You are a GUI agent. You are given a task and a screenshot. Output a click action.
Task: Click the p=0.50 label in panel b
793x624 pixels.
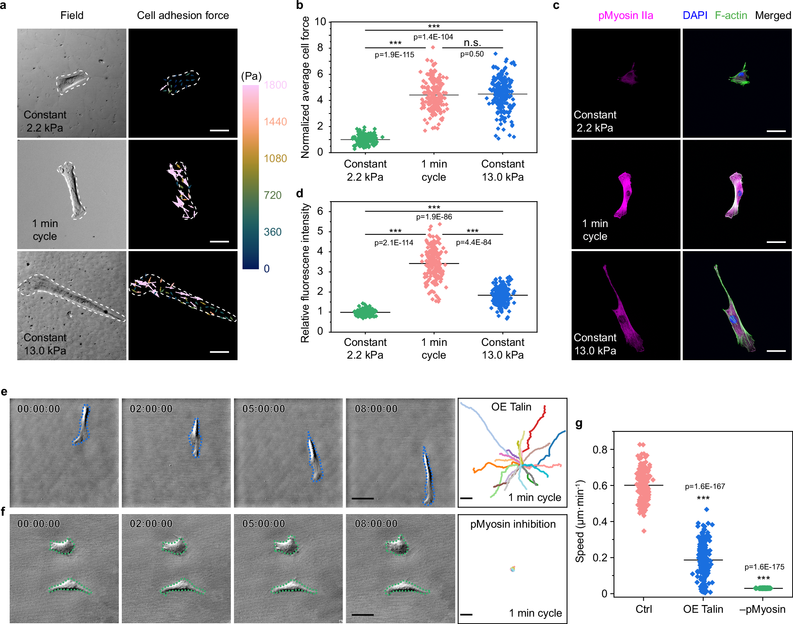(x=472, y=54)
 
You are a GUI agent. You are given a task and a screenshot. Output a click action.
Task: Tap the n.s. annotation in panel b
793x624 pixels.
(x=472, y=43)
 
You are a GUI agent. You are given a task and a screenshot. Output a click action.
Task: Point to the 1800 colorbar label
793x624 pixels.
(x=275, y=85)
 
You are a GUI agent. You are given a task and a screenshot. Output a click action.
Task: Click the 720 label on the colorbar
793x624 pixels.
(x=272, y=195)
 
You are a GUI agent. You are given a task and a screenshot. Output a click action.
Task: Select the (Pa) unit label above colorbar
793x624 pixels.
(x=251, y=76)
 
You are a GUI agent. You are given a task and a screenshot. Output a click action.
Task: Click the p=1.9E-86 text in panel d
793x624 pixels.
(x=434, y=217)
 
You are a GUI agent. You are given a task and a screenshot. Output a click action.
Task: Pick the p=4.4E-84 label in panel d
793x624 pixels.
(x=473, y=243)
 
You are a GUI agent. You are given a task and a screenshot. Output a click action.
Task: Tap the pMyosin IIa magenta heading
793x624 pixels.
(x=625, y=15)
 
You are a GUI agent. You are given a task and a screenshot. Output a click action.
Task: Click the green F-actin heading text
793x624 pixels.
(x=730, y=15)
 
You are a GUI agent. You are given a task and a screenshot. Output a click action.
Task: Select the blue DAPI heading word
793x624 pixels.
(x=695, y=15)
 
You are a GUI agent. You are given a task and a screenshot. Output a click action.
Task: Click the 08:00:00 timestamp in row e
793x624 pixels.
(x=376, y=409)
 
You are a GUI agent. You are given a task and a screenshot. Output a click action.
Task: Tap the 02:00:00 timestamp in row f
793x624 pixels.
(x=151, y=524)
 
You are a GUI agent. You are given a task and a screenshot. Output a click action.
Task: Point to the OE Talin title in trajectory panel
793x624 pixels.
(x=511, y=407)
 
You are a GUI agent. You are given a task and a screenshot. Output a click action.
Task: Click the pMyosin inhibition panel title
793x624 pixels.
(x=513, y=524)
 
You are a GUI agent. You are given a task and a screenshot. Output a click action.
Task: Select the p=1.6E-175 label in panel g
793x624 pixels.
(x=764, y=567)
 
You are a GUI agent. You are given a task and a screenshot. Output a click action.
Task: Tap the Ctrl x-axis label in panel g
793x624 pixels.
(x=643, y=609)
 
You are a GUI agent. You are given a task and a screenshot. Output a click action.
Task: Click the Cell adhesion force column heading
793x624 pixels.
(x=183, y=15)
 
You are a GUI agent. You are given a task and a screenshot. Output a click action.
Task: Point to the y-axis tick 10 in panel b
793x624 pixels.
(x=320, y=22)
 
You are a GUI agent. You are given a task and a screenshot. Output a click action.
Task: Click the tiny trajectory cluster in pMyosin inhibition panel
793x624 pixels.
(x=512, y=569)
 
